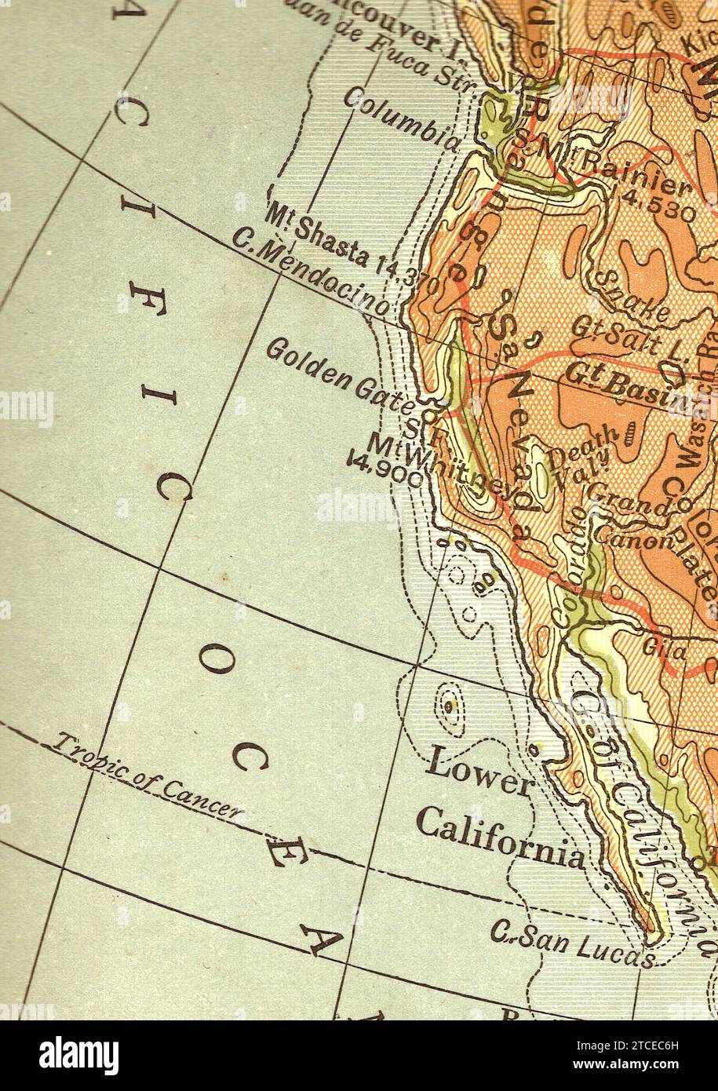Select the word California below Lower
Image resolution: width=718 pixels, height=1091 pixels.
501,837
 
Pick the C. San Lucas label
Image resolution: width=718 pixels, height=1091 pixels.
571,941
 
